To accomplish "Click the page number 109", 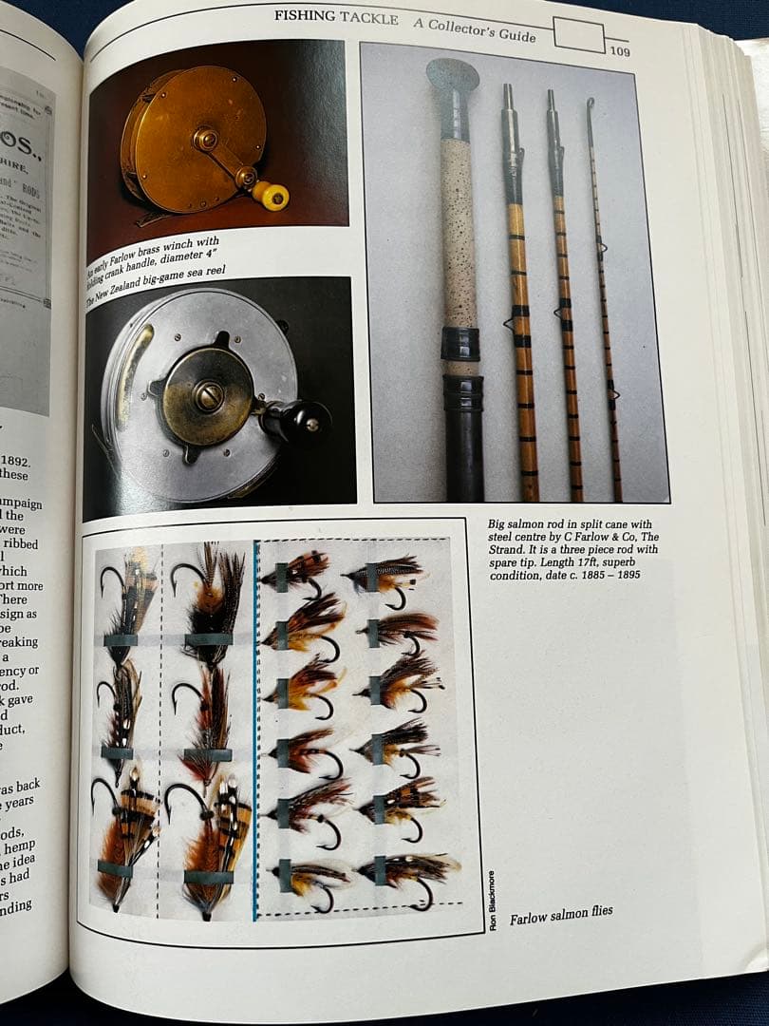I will click(x=619, y=51).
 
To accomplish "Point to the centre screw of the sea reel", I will click(x=208, y=396).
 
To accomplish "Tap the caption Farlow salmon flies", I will click(x=561, y=916).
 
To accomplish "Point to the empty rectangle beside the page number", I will click(x=579, y=36).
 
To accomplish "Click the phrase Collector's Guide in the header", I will click(x=474, y=28).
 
